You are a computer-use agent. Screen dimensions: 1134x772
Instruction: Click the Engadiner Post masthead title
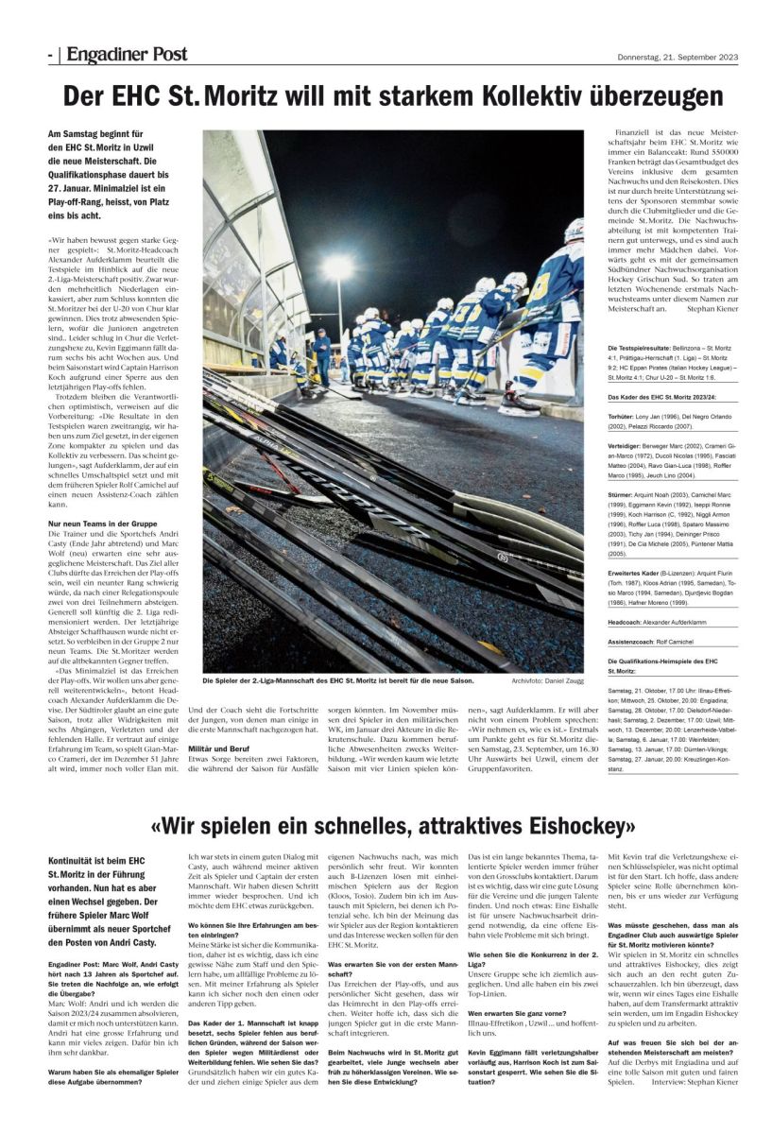[127, 55]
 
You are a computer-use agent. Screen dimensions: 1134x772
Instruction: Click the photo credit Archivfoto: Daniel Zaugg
[547, 680]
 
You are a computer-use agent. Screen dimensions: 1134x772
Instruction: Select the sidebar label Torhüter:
[626, 416]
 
